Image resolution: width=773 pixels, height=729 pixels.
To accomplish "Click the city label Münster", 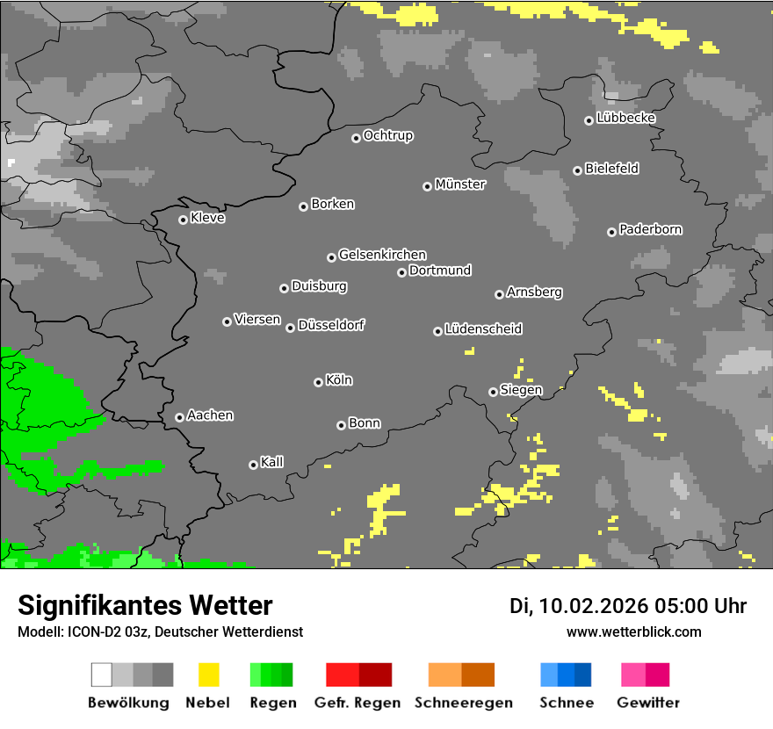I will (x=460, y=184).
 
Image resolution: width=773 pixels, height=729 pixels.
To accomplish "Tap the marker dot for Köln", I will (x=318, y=382).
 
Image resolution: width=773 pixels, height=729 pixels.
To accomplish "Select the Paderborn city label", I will (x=651, y=229).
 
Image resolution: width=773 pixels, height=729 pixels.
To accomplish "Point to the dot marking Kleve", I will (x=183, y=220).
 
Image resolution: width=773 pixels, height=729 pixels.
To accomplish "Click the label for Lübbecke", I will (x=626, y=118).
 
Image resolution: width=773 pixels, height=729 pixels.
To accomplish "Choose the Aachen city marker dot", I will (x=179, y=417).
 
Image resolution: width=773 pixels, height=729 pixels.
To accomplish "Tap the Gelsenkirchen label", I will (x=382, y=255).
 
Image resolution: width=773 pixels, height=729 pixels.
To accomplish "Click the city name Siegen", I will (x=521, y=390).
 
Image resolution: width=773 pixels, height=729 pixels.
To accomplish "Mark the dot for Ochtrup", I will (x=356, y=138).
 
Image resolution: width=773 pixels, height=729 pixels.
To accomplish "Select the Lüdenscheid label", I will (x=483, y=328).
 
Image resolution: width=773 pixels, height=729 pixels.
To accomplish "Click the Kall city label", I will (x=272, y=462).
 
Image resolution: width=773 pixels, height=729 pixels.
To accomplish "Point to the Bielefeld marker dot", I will (x=577, y=170).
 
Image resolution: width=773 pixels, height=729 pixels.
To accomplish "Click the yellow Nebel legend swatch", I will (x=208, y=675).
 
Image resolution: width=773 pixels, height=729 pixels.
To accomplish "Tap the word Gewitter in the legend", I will (x=647, y=703).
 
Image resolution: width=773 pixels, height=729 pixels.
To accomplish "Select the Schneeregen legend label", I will (x=464, y=703).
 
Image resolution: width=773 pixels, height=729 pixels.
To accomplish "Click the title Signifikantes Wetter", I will (x=145, y=606).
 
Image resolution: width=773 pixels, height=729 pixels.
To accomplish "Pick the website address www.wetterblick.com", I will (x=633, y=632).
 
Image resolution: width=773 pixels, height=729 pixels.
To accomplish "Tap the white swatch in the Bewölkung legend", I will (x=102, y=675).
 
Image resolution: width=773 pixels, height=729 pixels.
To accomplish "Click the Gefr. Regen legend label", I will (x=358, y=703).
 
